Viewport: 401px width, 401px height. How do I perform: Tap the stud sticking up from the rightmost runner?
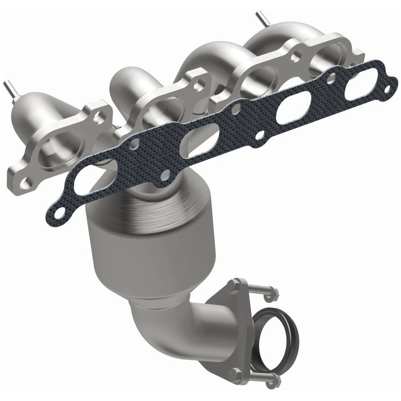pos(262,17)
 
